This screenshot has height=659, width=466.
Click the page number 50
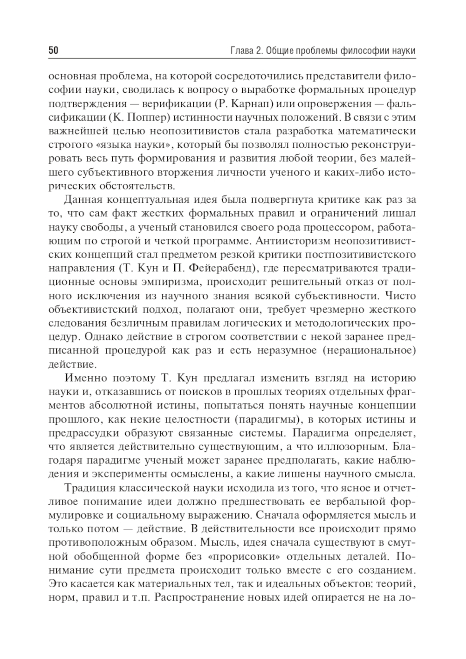(x=53, y=50)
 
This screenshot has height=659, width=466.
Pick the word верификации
(x=174, y=104)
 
